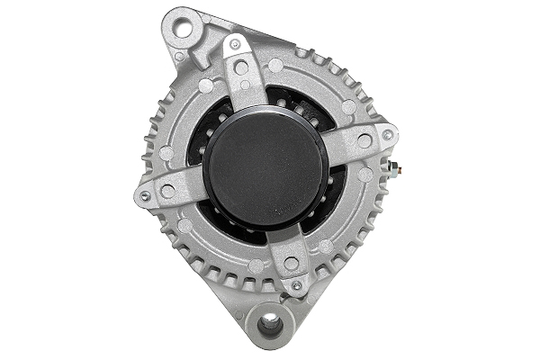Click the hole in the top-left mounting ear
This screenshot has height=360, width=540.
(x=184, y=28)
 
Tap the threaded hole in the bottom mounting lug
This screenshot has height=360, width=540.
(x=270, y=326)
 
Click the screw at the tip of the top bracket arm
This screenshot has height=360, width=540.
(x=235, y=43)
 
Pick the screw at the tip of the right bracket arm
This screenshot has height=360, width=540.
(x=388, y=135)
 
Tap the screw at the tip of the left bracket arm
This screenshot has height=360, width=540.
(x=145, y=195)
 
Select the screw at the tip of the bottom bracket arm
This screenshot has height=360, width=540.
(x=296, y=285)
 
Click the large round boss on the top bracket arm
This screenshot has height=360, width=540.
(x=241, y=67)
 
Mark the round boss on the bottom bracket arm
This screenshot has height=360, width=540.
(x=291, y=264)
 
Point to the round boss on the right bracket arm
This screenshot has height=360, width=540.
(x=364, y=141)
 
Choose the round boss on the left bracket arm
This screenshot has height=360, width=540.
(x=168, y=191)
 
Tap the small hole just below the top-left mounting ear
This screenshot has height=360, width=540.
(x=180, y=57)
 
